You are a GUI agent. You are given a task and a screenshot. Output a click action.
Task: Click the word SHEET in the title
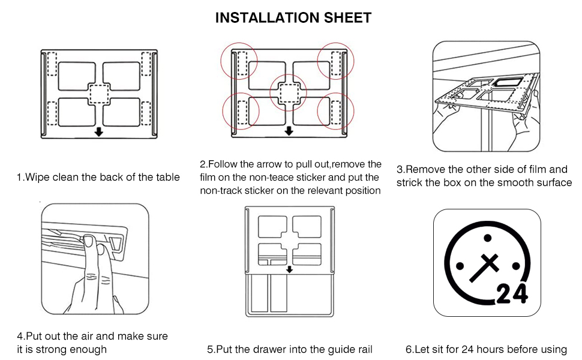(346, 18)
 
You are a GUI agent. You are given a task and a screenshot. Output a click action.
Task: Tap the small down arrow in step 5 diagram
(290, 269)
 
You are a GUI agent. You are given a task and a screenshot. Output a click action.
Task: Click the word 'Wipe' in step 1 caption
(37, 177)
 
